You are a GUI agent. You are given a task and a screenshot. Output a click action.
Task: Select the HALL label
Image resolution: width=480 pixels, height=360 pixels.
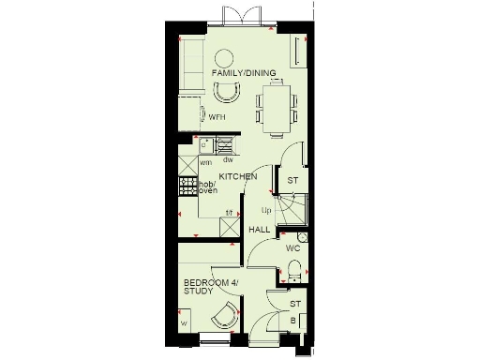pos(259,229)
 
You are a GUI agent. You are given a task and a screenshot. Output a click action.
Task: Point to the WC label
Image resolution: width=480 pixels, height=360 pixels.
pos(292,248)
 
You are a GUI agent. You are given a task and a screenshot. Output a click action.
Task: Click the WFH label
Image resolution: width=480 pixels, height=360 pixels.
pos(217,118)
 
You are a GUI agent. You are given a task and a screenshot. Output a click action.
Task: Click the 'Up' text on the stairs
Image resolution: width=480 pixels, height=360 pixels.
pos(266,209)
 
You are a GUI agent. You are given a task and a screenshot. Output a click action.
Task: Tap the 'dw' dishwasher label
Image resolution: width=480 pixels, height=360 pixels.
pos(227,160)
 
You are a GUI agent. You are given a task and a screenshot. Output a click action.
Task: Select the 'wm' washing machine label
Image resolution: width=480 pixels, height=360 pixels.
pos(205,161)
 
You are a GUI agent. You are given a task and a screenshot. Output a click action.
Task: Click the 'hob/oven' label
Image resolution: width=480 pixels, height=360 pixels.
pos(206,190)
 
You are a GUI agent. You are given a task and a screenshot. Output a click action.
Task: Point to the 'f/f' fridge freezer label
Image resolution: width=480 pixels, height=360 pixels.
pos(229,213)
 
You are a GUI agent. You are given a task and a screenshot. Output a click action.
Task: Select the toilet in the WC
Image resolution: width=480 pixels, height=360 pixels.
pos(294,272)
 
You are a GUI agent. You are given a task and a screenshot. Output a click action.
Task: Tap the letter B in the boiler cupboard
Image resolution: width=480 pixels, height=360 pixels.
pos(293,320)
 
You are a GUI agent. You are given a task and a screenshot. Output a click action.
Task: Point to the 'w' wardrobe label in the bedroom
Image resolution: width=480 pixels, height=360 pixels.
pos(184,324)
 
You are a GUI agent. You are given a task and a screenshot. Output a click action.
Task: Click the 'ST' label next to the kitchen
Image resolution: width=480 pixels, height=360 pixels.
pos(292,180)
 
